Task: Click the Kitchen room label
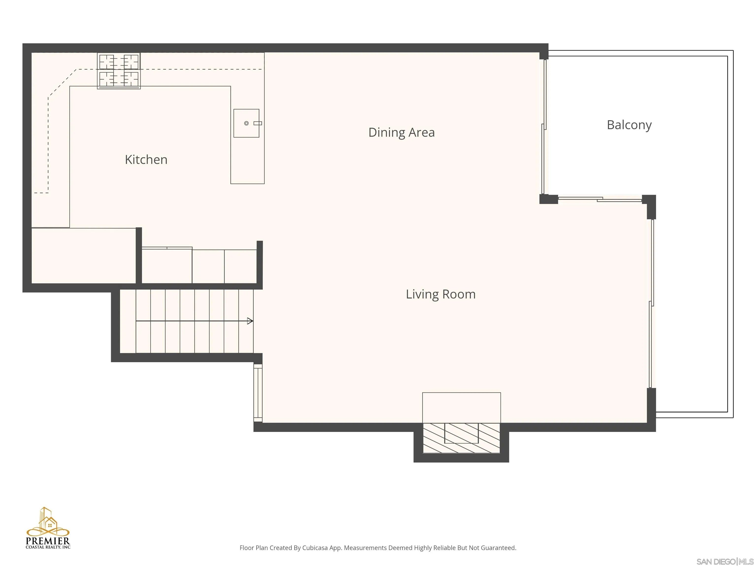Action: tap(146, 160)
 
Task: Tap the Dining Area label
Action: tap(402, 132)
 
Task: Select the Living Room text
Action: tap(441, 294)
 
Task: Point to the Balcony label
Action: tap(629, 125)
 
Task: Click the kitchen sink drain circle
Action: tap(246, 123)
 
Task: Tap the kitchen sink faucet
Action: tap(257, 123)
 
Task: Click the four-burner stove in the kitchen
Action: tap(119, 71)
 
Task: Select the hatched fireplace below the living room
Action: tap(461, 438)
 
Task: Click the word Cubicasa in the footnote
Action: tap(315, 548)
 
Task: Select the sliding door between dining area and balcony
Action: tap(544, 127)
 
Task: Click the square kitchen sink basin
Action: tap(246, 123)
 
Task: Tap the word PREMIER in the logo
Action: tap(48, 541)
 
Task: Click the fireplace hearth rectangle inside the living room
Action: tap(461, 408)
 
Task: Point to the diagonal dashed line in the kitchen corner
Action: tap(62, 83)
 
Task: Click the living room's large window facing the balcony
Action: tap(651, 303)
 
